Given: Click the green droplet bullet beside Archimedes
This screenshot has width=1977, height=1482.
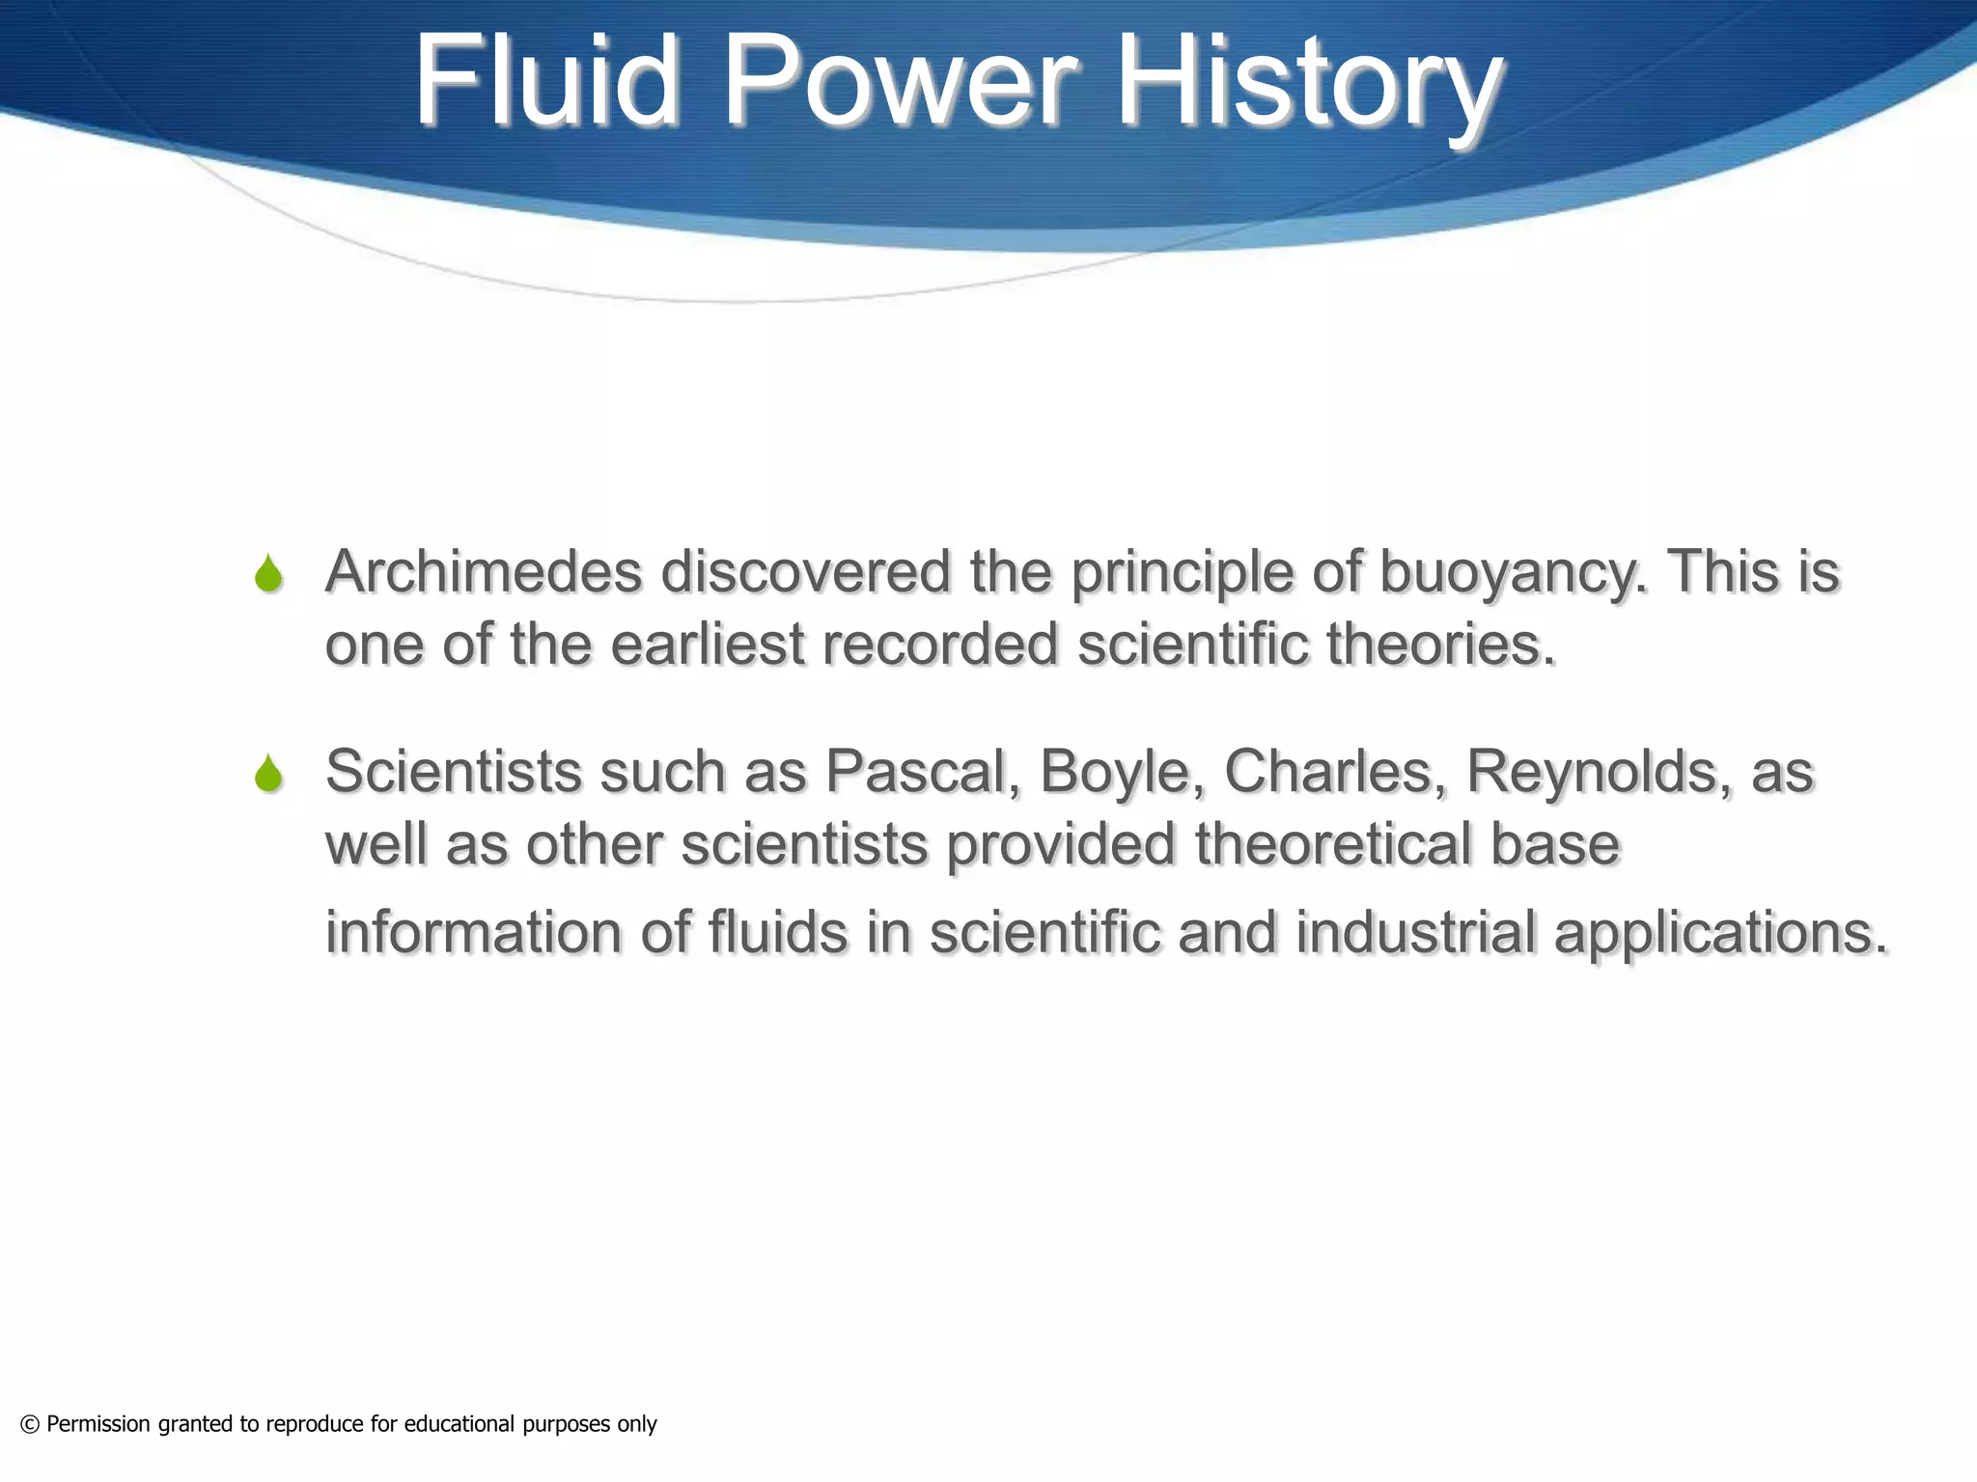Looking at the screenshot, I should click(x=268, y=573).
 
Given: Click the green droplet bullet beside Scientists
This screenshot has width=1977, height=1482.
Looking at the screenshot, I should click(x=268, y=773).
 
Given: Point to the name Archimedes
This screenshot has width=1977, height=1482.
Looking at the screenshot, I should click(x=484, y=571).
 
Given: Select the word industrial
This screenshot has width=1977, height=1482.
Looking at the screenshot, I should click(x=1415, y=933).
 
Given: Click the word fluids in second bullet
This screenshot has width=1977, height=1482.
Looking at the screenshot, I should click(x=778, y=933).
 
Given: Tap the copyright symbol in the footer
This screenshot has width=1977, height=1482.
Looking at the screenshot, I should click(x=30, y=1424).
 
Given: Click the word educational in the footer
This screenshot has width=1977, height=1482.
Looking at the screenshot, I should click(x=459, y=1424).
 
